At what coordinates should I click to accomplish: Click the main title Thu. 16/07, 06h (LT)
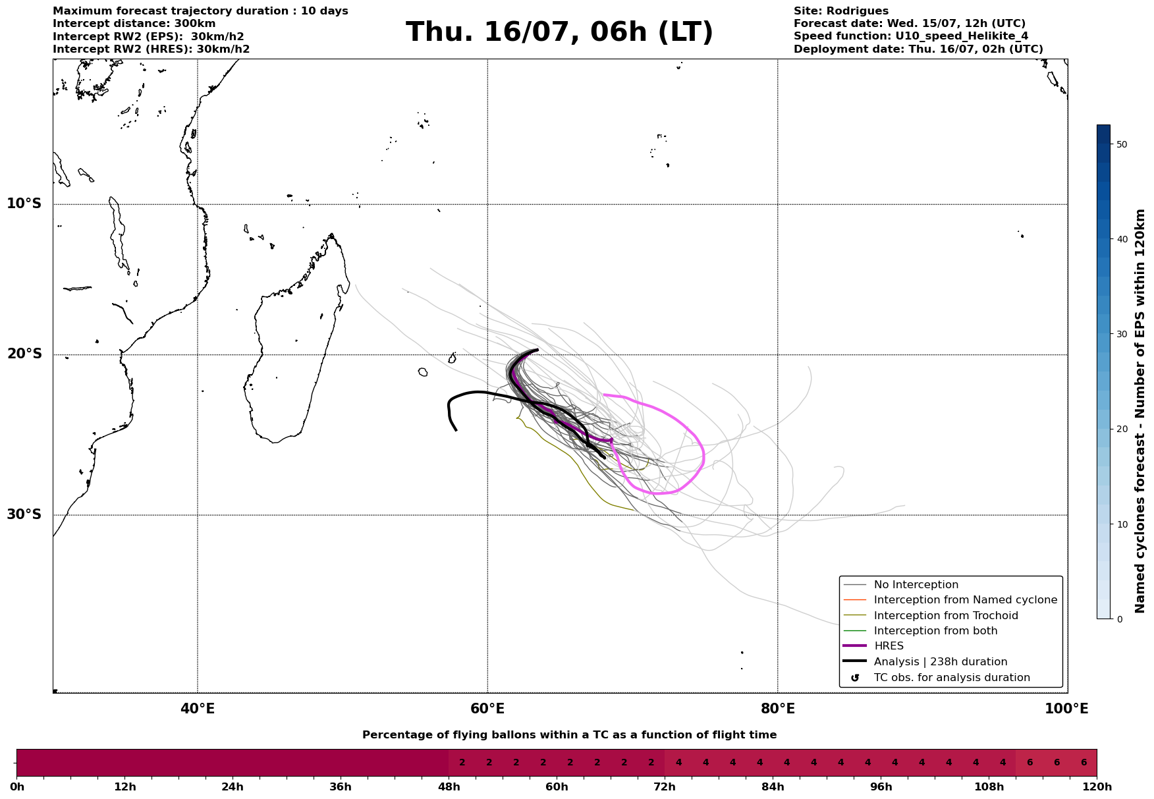coord(559,32)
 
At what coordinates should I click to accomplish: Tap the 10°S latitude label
coord(24,204)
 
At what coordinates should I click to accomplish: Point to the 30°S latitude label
coord(24,514)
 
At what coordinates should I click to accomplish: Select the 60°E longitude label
coord(487,709)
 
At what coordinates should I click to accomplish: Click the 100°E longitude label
coord(1067,709)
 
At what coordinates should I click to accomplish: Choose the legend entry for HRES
coord(889,646)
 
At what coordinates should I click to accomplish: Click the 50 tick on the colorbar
coord(1122,144)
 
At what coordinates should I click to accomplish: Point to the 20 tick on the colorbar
coord(1122,429)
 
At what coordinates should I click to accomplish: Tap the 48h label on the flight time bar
coord(449,787)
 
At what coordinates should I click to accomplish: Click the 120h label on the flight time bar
coord(1097,787)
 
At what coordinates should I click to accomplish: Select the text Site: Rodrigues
coord(841,11)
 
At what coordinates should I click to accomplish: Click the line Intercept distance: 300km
coord(134,24)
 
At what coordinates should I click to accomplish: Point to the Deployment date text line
coord(918,49)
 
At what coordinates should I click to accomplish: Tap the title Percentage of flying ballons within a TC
coord(570,735)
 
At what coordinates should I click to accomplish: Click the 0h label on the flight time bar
coord(16,787)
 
